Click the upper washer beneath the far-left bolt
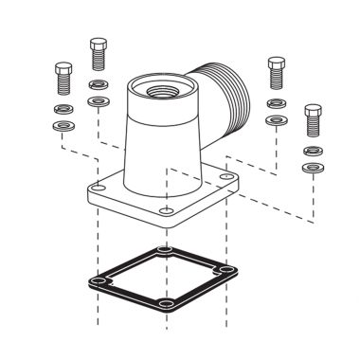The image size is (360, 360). [x=63, y=109]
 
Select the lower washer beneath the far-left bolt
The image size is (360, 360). [x=63, y=124]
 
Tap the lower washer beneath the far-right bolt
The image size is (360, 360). [x=312, y=167]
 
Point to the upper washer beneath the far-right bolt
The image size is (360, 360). [x=312, y=151]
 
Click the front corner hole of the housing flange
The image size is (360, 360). [x=167, y=209]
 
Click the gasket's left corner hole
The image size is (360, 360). [x=98, y=281]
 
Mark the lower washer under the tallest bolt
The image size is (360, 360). [x=97, y=100]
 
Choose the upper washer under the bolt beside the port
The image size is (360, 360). [x=276, y=103]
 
